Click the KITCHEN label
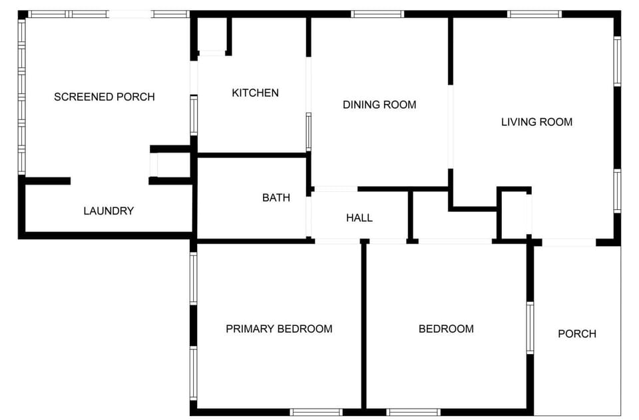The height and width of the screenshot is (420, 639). [255, 93]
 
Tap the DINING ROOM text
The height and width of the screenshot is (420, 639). [379, 105]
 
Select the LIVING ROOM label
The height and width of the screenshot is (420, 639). [536, 122]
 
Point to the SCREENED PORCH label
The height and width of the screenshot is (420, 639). [104, 97]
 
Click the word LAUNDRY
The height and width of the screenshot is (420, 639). [108, 211]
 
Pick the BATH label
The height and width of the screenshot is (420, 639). [276, 197]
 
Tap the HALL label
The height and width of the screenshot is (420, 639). [359, 217]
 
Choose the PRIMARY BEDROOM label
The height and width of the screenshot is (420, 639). [279, 329]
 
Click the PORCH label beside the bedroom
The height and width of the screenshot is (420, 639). [577, 333]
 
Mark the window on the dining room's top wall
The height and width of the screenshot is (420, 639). [377, 14]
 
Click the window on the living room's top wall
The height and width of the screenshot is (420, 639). [535, 14]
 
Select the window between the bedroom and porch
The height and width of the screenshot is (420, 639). [531, 327]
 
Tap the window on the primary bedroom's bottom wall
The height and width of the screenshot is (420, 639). [316, 412]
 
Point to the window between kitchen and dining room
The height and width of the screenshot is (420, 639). [308, 131]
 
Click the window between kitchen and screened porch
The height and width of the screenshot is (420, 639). [194, 115]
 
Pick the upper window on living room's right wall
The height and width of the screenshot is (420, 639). [617, 61]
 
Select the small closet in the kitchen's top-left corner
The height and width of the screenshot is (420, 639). [213, 35]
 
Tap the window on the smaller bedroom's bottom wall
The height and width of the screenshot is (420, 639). [413, 412]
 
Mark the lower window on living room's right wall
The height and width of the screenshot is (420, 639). [617, 191]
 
